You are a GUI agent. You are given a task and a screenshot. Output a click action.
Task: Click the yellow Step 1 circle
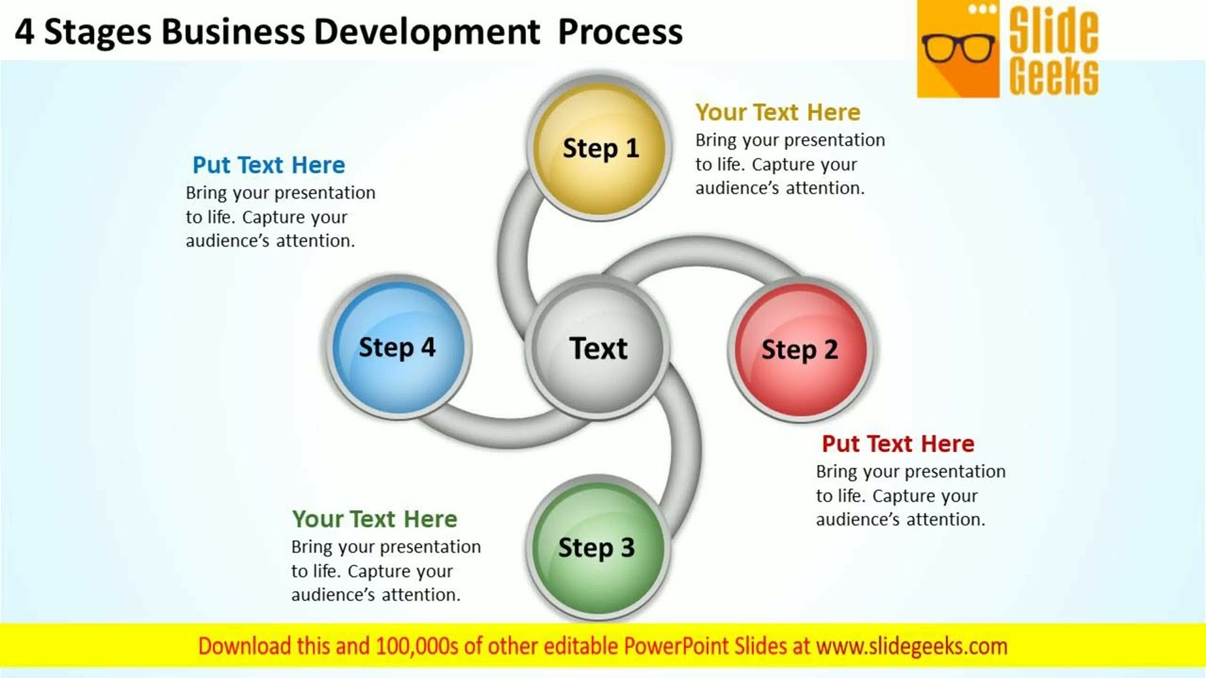tap(599, 148)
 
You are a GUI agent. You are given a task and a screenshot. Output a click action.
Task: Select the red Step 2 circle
tap(799, 349)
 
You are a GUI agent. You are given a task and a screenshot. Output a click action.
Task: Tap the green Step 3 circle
tap(597, 547)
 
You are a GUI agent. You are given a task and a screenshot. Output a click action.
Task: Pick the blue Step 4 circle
tap(397, 347)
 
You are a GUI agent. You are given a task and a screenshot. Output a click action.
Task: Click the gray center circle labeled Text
tap(597, 347)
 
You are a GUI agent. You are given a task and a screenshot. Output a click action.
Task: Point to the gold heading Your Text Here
tap(777, 112)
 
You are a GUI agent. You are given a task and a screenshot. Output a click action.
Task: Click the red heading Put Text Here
tap(897, 444)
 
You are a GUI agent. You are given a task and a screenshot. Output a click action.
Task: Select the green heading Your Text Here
tap(374, 519)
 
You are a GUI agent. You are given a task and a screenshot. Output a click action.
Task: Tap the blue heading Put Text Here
tap(269, 165)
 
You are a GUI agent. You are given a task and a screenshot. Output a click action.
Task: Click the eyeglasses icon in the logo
tap(957, 47)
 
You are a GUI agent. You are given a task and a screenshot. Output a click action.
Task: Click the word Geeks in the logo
tap(1053, 75)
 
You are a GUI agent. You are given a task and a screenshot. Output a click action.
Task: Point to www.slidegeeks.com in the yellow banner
tap(911, 646)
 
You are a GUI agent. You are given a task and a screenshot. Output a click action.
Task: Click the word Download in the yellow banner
tap(244, 646)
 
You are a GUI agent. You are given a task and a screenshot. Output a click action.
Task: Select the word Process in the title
tap(619, 31)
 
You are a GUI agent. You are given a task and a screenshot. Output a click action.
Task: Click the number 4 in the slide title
tap(24, 31)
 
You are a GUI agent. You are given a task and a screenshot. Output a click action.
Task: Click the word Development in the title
tap(427, 31)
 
